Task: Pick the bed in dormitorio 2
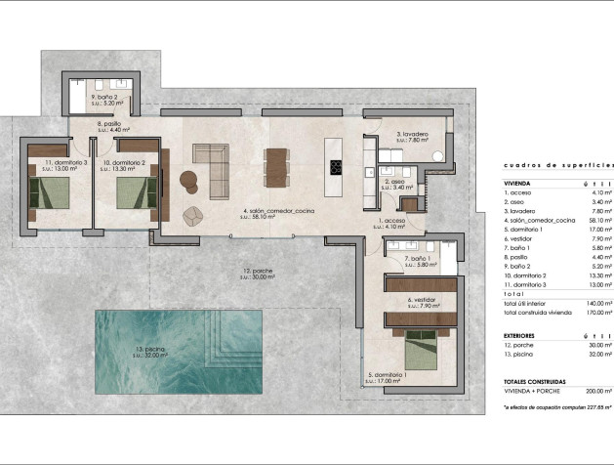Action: (x=136, y=191)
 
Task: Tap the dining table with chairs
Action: (x=277, y=165)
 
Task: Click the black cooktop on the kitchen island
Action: (x=337, y=167)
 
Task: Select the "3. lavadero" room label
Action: (x=412, y=134)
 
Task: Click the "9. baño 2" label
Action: (x=104, y=98)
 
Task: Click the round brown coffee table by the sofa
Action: (x=188, y=177)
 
